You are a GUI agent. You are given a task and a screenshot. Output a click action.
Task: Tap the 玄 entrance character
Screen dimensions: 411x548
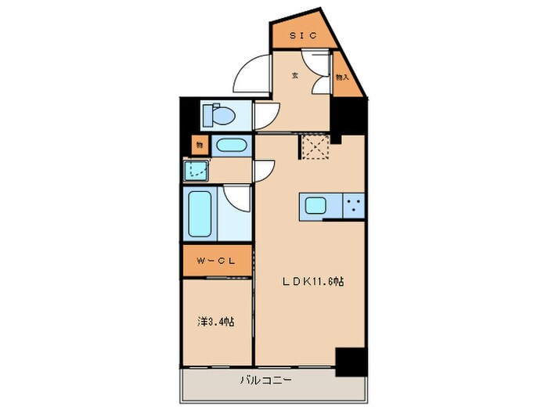(x=295, y=76)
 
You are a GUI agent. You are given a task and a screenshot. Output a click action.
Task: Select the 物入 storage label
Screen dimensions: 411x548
(x=341, y=78)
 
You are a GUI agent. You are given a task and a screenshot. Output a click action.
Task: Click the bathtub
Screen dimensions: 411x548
(x=201, y=213)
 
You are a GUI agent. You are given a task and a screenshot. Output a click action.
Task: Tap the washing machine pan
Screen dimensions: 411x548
(x=196, y=170)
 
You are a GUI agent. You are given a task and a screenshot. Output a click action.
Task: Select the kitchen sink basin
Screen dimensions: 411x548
(x=317, y=207)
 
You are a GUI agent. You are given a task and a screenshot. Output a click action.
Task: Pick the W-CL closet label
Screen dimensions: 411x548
(x=217, y=261)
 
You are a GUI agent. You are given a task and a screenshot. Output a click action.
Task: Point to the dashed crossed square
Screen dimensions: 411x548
(x=314, y=146)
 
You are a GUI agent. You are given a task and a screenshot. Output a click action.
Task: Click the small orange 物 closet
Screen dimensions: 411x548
(x=199, y=145)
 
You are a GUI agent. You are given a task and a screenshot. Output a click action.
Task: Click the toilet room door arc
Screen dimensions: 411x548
(x=264, y=114)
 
